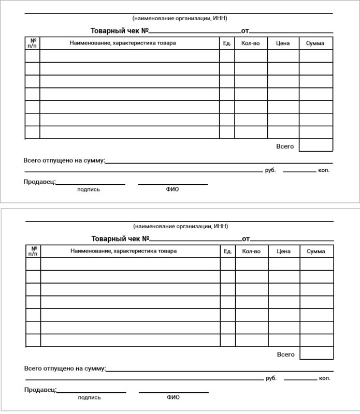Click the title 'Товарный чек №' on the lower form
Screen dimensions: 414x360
120,239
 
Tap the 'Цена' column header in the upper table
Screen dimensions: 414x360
283,43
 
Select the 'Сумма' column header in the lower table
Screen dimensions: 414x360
316,252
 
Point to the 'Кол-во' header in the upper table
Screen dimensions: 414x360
251,43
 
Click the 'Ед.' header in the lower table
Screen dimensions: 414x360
228,252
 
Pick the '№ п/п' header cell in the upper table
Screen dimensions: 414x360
32,43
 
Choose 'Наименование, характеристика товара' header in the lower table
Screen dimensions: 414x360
123,251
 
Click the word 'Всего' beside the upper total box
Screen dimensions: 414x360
285,146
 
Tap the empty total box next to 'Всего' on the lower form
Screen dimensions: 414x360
316,353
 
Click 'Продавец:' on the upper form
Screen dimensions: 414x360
39,182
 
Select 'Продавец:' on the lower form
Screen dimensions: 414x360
40,390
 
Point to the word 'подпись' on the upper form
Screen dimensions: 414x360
89,189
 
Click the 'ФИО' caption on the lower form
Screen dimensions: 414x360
173,397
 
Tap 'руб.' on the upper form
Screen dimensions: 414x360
270,170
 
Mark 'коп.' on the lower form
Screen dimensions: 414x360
325,378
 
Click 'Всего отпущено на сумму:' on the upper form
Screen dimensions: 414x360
64,160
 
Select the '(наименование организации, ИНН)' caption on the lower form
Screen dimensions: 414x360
180,226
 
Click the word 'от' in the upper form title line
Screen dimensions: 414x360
245,32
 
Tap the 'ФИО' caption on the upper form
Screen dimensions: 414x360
172,189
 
